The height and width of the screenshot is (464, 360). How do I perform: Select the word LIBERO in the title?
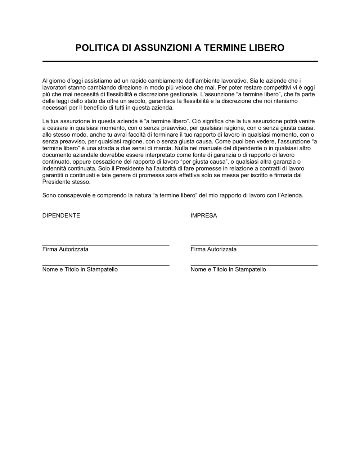tap(267, 48)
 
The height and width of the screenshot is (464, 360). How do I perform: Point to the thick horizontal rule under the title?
tap(180, 62)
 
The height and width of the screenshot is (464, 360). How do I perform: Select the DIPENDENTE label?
tap(61, 216)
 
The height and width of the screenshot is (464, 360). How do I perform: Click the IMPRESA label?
tap(204, 216)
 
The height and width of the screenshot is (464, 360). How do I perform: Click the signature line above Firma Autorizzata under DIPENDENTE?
tap(106, 245)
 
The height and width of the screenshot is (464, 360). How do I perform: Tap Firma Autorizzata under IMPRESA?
tap(213, 249)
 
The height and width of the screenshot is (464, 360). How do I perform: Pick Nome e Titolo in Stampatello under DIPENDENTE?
tap(80, 269)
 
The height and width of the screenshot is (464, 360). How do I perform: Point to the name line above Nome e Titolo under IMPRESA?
tap(254, 265)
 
